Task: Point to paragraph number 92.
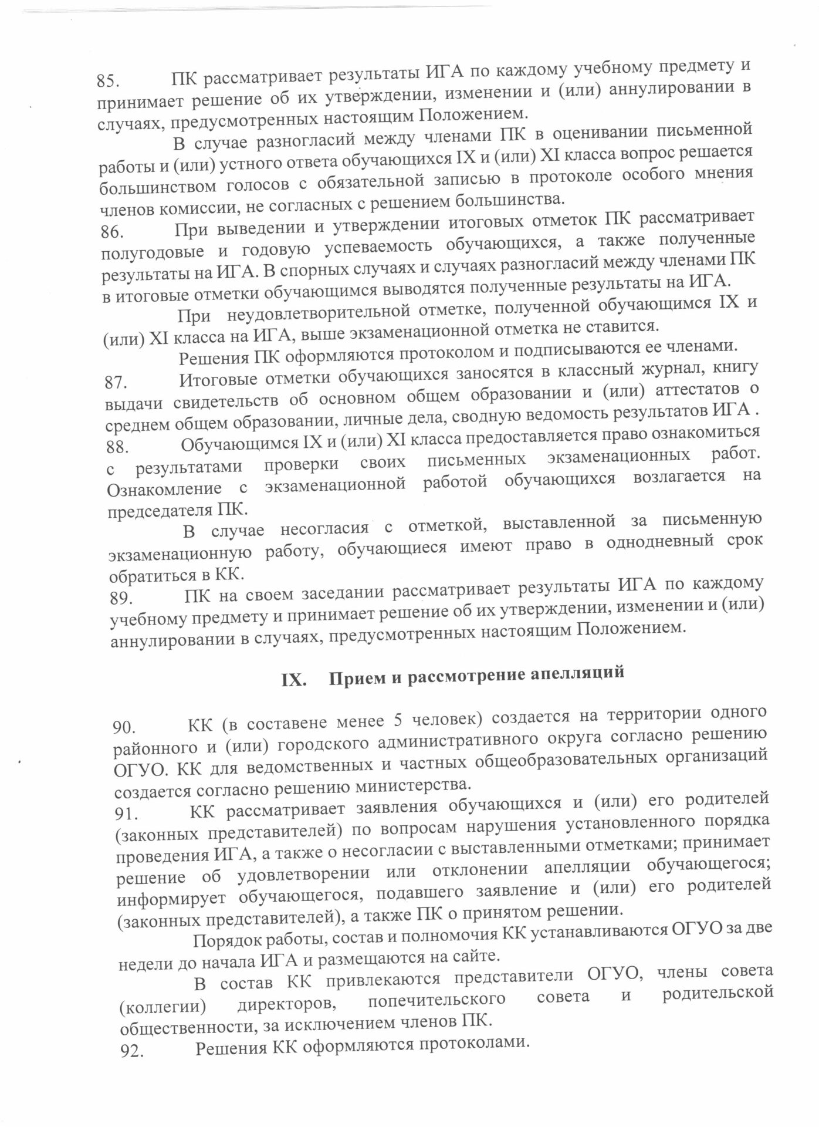[132, 1052]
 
